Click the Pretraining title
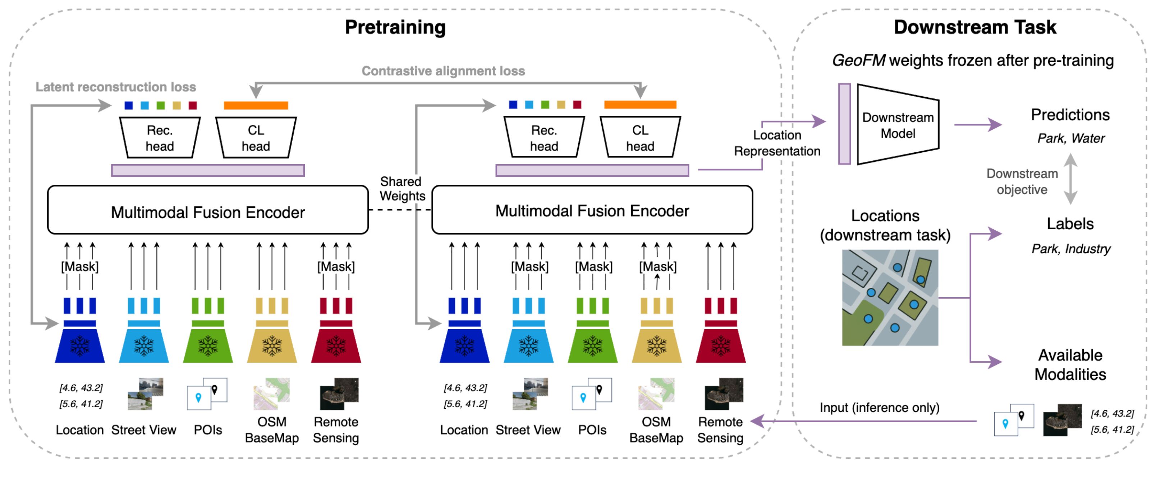(x=395, y=27)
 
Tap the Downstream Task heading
(x=975, y=27)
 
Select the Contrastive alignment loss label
(x=443, y=71)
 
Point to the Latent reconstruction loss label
(x=116, y=87)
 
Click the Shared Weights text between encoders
(x=402, y=189)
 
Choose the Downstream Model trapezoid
(x=898, y=125)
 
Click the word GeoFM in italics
(x=858, y=60)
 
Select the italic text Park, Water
(x=1071, y=138)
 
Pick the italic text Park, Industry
(x=1071, y=248)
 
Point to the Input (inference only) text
(x=879, y=407)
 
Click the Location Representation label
(x=777, y=143)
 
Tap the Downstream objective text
(x=1022, y=181)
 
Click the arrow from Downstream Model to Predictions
(x=977, y=124)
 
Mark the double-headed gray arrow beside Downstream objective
(x=1071, y=179)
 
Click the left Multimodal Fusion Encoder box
(x=208, y=210)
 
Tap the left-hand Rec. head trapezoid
(x=160, y=137)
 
